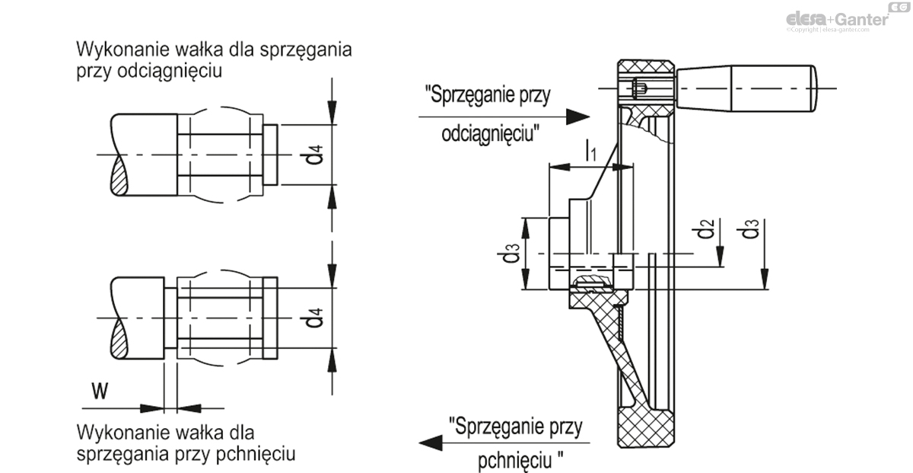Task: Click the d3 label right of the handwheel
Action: pos(752,229)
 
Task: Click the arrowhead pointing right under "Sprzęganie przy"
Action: pos(579,117)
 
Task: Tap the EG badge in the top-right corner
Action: pos(900,7)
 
